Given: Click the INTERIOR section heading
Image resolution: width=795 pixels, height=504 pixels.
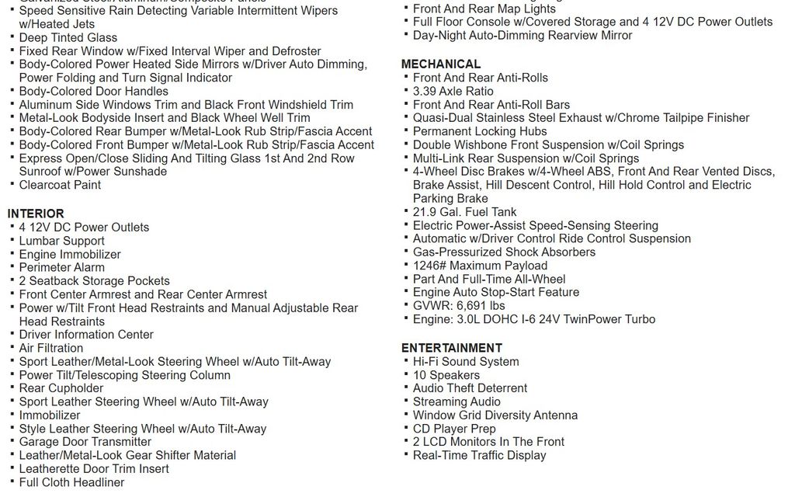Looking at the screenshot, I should tap(36, 214).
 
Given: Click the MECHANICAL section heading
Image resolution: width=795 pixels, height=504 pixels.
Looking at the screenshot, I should tap(440, 64).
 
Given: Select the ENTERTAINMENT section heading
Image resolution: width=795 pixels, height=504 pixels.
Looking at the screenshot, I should tap(451, 348).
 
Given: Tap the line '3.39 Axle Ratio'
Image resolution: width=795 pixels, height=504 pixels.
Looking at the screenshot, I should tap(453, 91).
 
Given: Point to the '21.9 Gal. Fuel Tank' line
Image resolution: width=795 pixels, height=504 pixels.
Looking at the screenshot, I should tap(464, 212).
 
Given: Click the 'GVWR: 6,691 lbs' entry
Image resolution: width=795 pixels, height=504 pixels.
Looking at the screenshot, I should tap(459, 306).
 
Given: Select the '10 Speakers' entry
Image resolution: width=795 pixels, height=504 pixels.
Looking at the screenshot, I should tap(446, 375).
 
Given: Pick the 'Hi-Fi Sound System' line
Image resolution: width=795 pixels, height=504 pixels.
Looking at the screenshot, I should tap(466, 362).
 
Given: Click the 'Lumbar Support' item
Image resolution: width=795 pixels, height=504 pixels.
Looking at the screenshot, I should tap(61, 241).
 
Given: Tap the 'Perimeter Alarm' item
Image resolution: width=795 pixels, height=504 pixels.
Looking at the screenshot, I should tap(61, 267).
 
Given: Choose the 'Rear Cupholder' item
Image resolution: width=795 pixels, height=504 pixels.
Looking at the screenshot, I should tap(61, 388).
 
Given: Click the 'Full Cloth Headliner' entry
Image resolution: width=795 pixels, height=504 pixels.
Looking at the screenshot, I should tap(71, 482).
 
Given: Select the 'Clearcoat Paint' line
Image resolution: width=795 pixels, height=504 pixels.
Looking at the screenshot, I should tap(60, 185).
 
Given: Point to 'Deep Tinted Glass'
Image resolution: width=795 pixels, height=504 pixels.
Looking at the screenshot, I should tap(68, 37).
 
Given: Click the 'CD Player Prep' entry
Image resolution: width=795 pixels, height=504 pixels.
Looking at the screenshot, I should tap(453, 429).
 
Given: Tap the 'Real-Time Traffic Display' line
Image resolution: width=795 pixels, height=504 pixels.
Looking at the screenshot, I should tap(479, 455).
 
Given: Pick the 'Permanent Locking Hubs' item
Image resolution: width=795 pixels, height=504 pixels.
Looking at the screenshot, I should tap(479, 131).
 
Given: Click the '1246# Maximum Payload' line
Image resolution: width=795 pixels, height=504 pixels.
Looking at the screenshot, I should tap(480, 266).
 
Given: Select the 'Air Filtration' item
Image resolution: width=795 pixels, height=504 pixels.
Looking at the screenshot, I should tap(50, 348).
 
